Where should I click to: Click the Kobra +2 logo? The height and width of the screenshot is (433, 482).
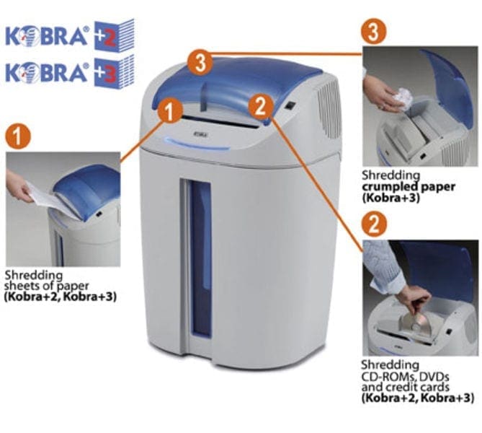68,34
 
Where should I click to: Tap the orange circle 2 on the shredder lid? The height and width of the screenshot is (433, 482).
259,107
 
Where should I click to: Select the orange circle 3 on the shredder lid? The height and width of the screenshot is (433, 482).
201,62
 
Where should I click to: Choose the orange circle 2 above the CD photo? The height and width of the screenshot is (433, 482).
373,223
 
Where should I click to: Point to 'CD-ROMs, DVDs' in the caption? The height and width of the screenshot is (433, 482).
401,377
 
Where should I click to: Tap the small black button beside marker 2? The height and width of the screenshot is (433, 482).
289,108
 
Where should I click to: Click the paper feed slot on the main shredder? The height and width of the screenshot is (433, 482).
216,116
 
